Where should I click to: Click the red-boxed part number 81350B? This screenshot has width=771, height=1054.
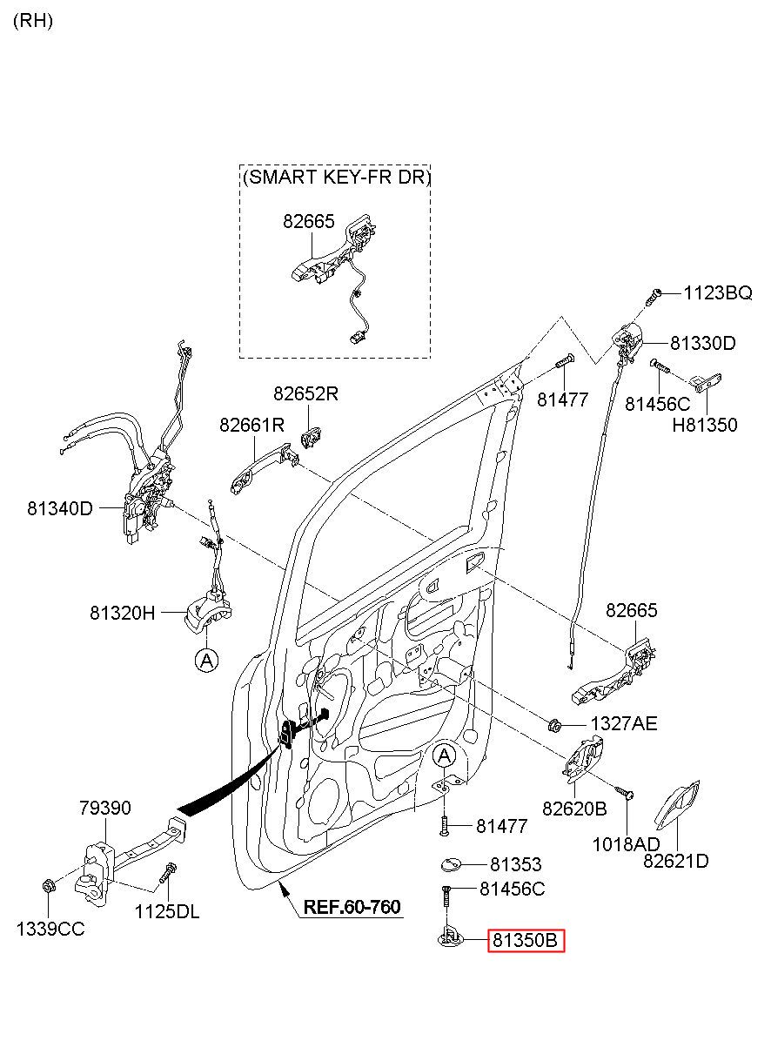pyautogui.click(x=526, y=941)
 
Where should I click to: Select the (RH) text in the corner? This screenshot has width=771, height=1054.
pyautogui.click(x=33, y=22)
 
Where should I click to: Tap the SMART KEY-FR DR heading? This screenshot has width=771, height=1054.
pyautogui.click(x=336, y=178)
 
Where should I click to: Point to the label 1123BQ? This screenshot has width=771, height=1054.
pyautogui.click(x=717, y=293)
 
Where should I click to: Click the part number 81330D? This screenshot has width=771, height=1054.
pyautogui.click(x=702, y=344)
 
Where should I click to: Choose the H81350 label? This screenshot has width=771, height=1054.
pyautogui.click(x=704, y=426)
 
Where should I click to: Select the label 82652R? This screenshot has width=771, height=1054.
pyautogui.click(x=305, y=393)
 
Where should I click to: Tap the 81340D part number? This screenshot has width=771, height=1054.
pyautogui.click(x=59, y=507)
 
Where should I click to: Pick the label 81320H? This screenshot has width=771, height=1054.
pyautogui.click(x=122, y=613)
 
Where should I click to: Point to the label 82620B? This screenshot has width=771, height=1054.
pyautogui.click(x=574, y=809)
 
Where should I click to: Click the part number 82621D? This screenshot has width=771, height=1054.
pyautogui.click(x=676, y=861)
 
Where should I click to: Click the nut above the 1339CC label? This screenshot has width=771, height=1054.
pyautogui.click(x=49, y=888)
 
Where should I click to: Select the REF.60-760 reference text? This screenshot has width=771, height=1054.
pyautogui.click(x=352, y=908)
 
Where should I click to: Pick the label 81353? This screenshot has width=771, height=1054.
pyautogui.click(x=515, y=864)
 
